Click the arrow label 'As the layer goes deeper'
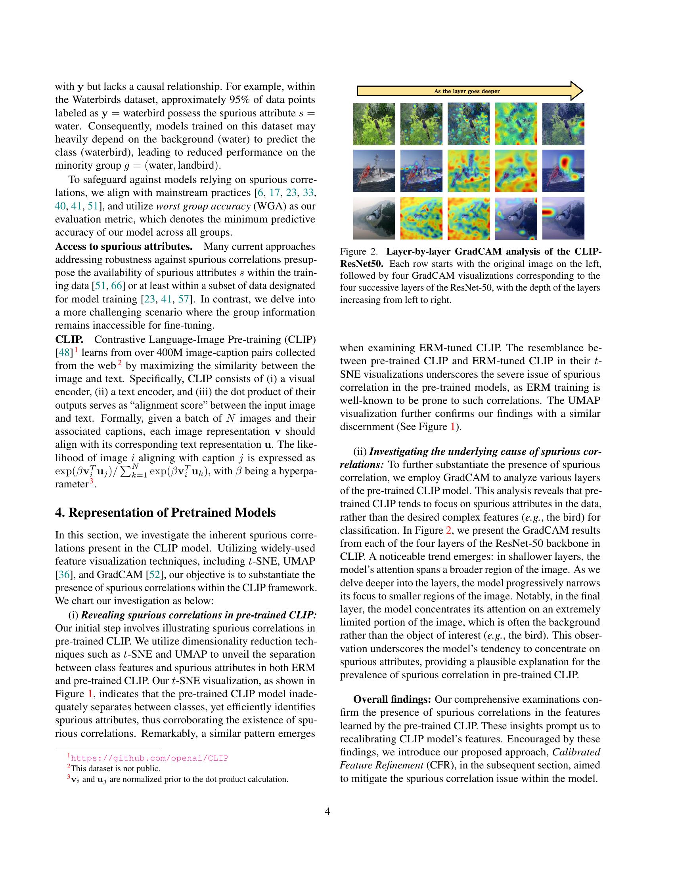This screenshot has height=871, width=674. pos(466,91)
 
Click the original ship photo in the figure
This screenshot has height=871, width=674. pos(374,171)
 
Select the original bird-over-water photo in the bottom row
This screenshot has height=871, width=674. pos(374,218)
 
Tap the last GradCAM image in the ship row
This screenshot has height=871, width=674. pos(563,171)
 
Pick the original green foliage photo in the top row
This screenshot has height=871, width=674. pos(374,124)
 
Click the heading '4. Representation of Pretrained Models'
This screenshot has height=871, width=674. pos(165,512)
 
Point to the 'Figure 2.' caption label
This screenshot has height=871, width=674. pos(358,252)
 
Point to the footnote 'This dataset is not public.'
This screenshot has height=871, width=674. pos(115,768)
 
